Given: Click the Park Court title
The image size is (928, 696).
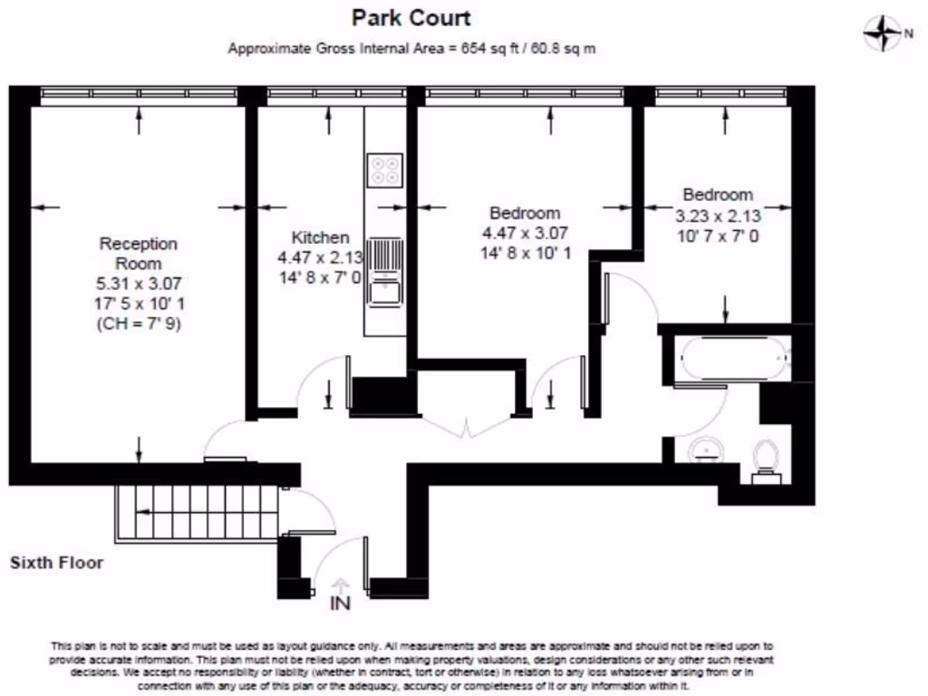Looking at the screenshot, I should pyautogui.click(x=411, y=17).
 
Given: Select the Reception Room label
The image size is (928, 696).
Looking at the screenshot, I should pyautogui.click(x=138, y=253).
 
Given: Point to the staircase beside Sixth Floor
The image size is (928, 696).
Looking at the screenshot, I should pyautogui.click(x=195, y=511).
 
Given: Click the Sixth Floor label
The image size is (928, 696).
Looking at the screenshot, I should pyautogui.click(x=56, y=563).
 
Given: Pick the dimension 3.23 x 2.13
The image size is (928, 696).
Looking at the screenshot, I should pyautogui.click(x=718, y=217).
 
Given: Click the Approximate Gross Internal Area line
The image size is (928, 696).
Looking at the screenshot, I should pyautogui.click(x=411, y=49).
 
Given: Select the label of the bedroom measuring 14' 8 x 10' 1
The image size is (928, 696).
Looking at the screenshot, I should pyautogui.click(x=525, y=213).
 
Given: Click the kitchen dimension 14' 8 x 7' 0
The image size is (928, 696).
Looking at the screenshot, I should pyautogui.click(x=320, y=277).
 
